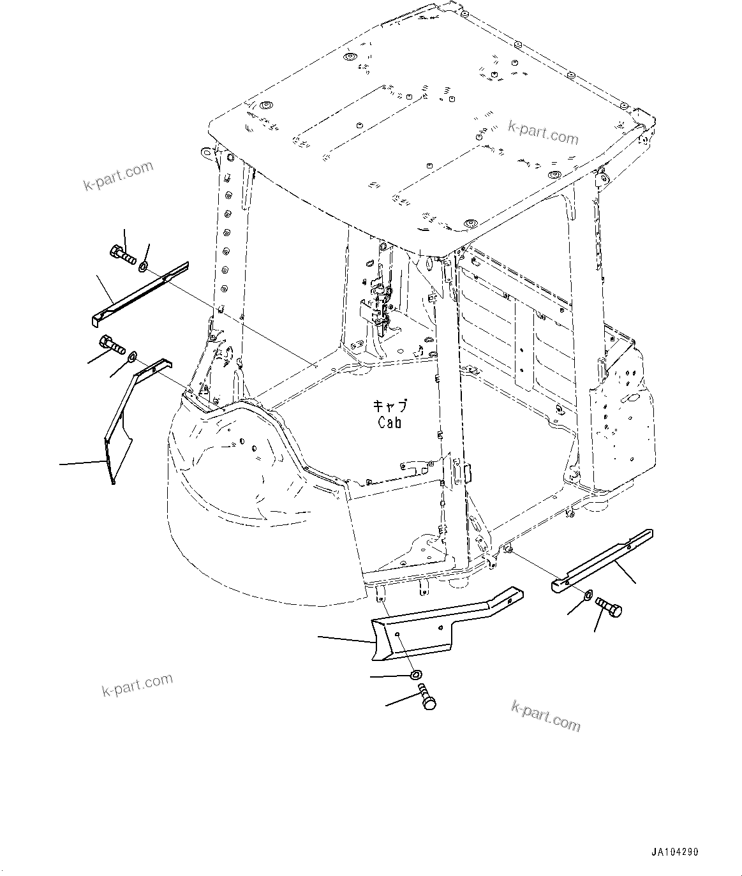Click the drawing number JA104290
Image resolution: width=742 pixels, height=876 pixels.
pyautogui.click(x=675, y=852)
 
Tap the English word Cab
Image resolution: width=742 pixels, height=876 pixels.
pyautogui.click(x=389, y=422)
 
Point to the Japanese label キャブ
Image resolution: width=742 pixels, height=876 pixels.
pyautogui.click(x=389, y=406)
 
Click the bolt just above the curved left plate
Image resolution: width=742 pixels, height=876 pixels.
pyautogui.click(x=111, y=346)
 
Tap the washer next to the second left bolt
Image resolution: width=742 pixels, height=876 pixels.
pyautogui.click(x=133, y=356)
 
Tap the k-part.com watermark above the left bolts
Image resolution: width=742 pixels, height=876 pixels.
pyautogui.click(x=119, y=176)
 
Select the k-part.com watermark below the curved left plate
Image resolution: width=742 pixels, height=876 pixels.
pyautogui.click(x=137, y=685)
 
